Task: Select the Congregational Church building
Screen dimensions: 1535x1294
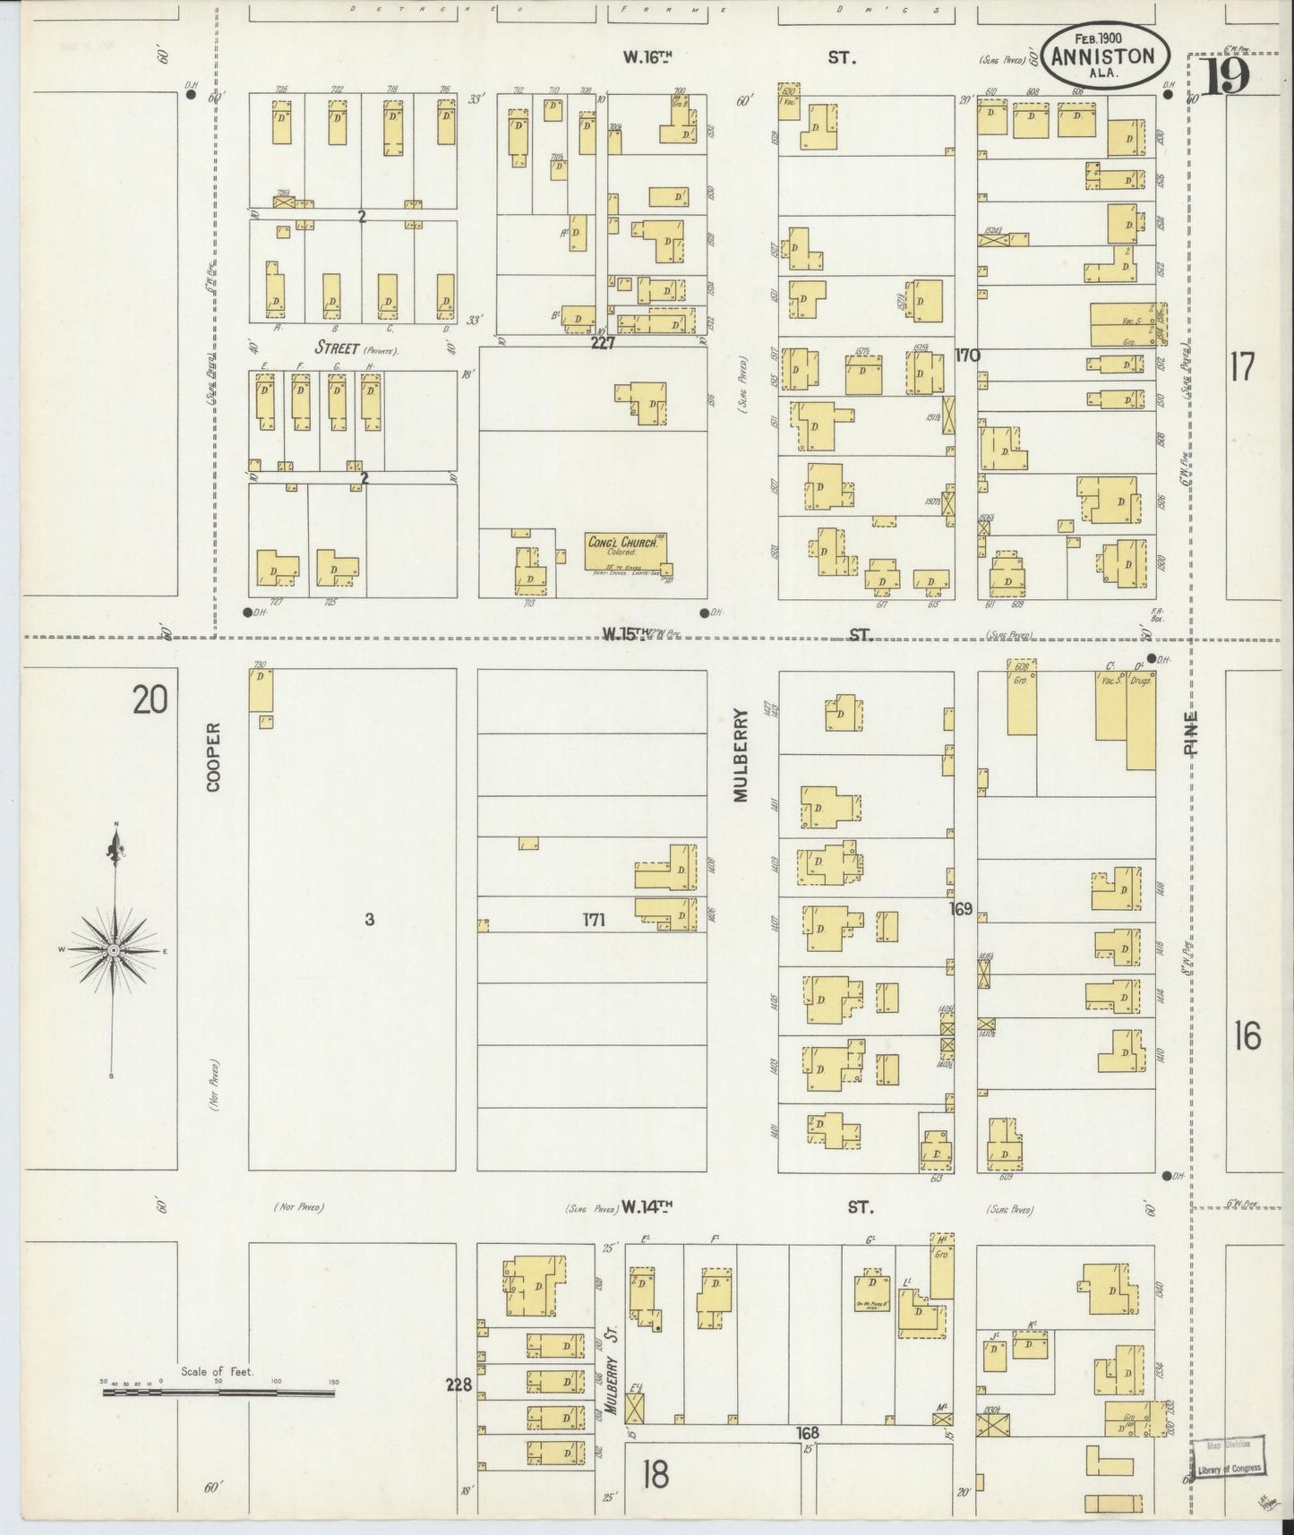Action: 628,551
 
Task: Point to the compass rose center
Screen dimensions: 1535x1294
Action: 115,949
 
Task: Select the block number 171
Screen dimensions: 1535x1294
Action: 595,919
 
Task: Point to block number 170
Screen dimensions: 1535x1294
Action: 967,356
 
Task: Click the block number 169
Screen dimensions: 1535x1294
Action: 961,909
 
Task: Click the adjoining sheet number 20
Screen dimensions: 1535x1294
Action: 150,699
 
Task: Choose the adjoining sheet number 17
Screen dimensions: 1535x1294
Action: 1241,367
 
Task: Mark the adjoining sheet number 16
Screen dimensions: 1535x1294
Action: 1247,1037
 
